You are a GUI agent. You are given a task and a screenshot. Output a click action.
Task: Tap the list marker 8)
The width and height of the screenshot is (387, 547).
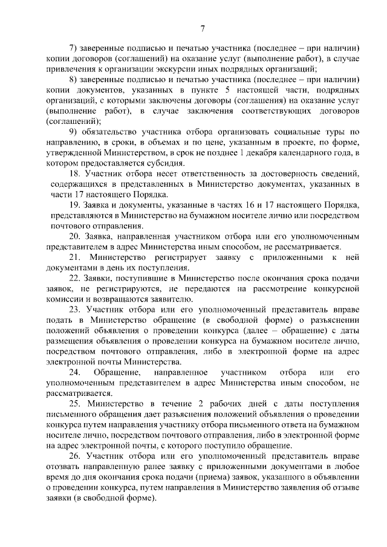click(74, 80)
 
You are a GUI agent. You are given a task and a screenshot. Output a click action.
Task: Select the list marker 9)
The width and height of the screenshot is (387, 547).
click(74, 132)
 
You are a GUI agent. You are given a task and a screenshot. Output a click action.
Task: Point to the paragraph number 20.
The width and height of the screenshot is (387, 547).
click(75, 236)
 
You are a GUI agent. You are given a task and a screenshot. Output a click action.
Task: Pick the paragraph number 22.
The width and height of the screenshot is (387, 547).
click(75, 278)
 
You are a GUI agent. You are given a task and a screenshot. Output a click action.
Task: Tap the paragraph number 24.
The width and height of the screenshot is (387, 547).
click(75, 371)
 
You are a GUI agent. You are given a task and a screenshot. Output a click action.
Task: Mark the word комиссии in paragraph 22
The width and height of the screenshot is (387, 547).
click(66, 299)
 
